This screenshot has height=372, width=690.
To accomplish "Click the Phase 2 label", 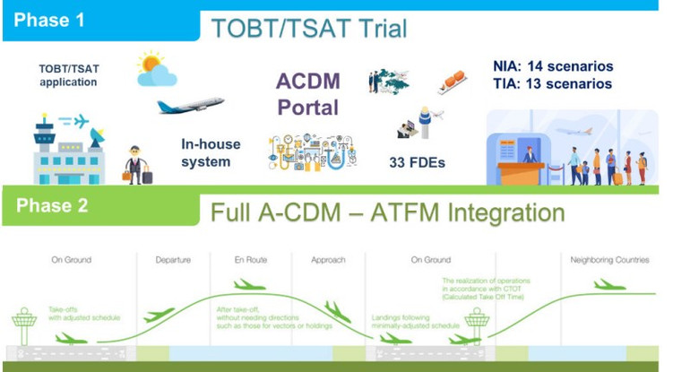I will (52, 205).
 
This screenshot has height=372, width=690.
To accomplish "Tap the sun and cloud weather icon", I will (155, 69).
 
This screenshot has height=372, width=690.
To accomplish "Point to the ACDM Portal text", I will (306, 94).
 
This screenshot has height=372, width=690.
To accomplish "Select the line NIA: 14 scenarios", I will (553, 66).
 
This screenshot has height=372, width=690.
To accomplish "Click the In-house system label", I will (206, 152).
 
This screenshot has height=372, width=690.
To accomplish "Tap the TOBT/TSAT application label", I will (67, 74).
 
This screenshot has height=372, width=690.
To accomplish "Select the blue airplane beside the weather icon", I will (190, 106).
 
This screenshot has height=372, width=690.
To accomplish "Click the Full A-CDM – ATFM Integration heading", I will (388, 213).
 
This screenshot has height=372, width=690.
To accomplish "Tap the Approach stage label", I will (328, 260).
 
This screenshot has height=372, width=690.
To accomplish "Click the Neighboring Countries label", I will (609, 260).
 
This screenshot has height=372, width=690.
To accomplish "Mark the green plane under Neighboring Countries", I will (609, 284).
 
